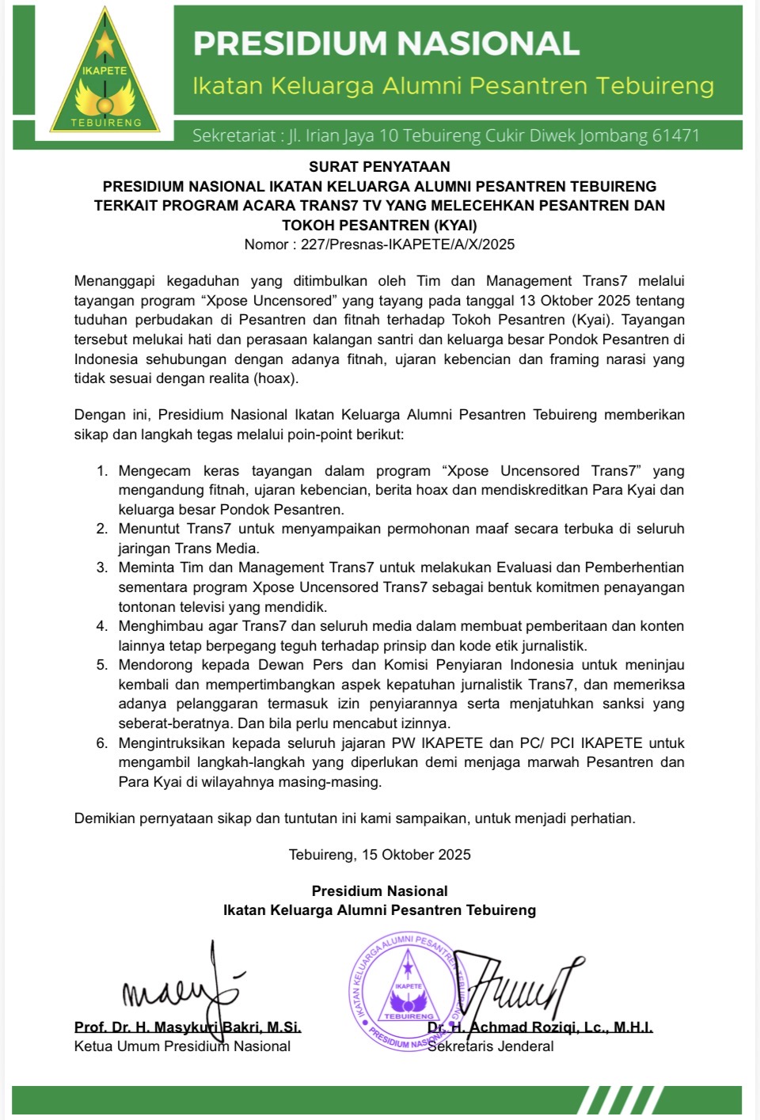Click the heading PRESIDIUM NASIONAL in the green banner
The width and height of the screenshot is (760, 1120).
386,44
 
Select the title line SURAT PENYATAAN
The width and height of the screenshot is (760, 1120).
379,167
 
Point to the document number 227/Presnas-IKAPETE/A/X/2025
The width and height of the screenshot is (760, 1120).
408,245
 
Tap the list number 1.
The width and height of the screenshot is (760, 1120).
102,471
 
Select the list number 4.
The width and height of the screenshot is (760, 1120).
102,626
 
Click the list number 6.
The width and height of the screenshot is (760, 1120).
102,743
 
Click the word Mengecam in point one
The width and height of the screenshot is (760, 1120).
154,471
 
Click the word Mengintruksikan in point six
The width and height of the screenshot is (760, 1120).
170,743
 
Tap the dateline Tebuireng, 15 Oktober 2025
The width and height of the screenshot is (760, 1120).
379,855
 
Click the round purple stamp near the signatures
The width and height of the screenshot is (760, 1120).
408,991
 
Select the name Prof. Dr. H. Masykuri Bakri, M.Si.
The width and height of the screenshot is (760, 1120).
188,1027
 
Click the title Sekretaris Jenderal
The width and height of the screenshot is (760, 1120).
491,1046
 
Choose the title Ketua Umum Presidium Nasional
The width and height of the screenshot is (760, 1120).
182,1046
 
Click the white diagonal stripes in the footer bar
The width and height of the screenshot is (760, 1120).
618,1101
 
